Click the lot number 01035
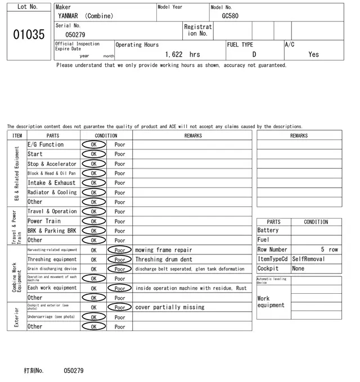point(28,35)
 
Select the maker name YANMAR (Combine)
point(85,16)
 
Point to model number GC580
point(230,16)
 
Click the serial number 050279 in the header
point(75,35)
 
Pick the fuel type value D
point(254,54)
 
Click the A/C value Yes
point(313,54)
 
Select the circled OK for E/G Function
point(93,144)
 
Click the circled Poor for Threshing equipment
point(120,260)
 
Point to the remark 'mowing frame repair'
point(163,250)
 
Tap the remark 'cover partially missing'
point(170,307)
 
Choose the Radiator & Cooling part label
point(52,192)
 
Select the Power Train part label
point(44,221)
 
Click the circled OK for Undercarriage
point(93,317)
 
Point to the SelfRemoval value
point(309,259)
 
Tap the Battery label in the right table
point(268,230)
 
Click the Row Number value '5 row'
point(330,249)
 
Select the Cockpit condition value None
point(298,269)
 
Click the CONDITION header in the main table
point(106,135)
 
